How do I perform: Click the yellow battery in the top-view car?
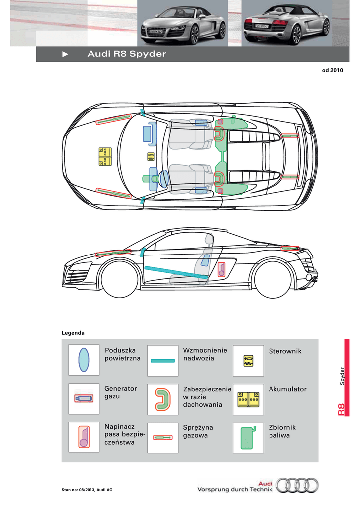[105, 157]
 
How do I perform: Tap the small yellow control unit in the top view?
[151, 157]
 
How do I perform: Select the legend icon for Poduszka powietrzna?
[84, 360]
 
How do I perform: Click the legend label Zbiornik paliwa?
[282, 431]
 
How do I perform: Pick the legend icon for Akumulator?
[248, 399]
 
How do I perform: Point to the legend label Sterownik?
[285, 351]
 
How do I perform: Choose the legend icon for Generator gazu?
[84, 398]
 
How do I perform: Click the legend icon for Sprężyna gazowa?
[162, 437]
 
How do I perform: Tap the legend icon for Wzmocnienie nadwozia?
[163, 361]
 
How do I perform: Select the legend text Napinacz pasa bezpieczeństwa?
[125, 434]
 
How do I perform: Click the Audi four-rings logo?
[297, 485]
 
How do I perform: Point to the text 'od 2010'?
[333, 70]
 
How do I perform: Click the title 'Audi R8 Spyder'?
[127, 54]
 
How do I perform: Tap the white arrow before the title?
[65, 54]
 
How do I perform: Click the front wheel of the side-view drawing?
[120, 279]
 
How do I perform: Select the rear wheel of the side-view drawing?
[272, 279]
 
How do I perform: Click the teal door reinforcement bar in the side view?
[176, 273]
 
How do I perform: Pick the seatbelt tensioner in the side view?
[221, 270]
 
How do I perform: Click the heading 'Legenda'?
[73, 333]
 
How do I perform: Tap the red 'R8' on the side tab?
[341, 410]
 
